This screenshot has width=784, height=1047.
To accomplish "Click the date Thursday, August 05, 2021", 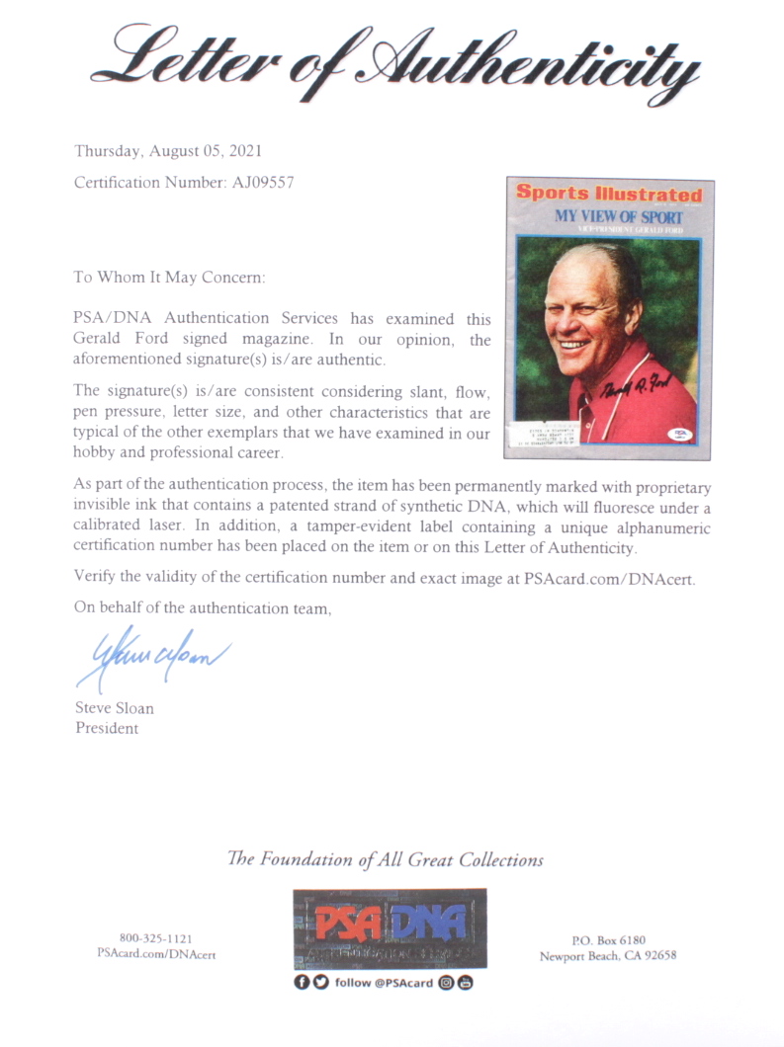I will click(x=168, y=151).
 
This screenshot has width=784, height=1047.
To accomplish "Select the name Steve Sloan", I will click(x=115, y=708).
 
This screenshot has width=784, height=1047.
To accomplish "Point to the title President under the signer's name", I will click(x=107, y=728).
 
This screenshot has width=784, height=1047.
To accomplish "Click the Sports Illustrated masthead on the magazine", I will click(x=609, y=195).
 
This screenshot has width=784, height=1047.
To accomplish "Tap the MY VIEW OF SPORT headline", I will click(x=619, y=216).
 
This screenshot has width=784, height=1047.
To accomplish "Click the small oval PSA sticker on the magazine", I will click(x=681, y=434).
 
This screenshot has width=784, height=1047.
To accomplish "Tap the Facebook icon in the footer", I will click(x=301, y=982).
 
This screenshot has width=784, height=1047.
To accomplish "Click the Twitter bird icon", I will click(x=318, y=982).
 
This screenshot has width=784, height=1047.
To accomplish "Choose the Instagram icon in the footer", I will click(x=446, y=982).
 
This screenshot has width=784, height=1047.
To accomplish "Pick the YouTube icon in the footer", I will click(x=465, y=982).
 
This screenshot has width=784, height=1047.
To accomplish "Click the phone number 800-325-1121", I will click(x=156, y=938).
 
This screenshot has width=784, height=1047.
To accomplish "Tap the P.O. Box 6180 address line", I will click(x=608, y=939).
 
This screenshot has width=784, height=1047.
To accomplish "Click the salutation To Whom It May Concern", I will click(x=169, y=278).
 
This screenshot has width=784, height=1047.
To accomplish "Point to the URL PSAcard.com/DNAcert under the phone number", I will click(x=156, y=954).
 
